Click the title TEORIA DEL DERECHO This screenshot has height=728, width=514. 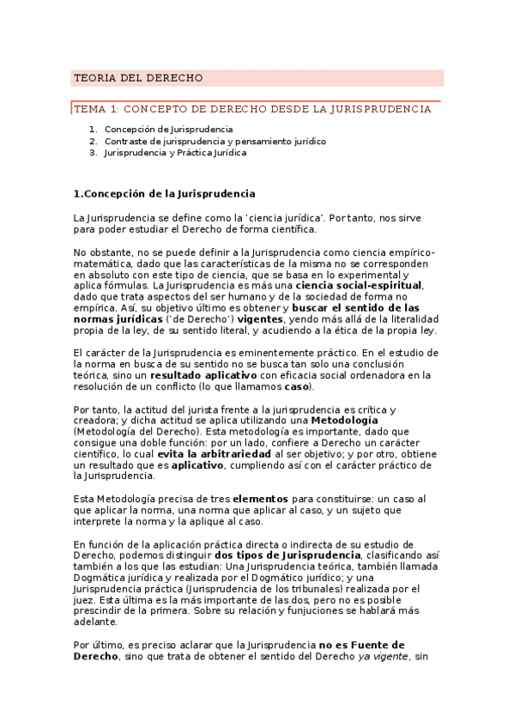click(138, 78)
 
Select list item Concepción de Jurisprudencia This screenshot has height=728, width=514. click(162, 129)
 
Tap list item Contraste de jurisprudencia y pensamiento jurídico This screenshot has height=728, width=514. click(215, 141)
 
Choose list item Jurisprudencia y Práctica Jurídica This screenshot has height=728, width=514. click(175, 153)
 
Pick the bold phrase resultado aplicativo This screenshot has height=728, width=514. click(203, 375)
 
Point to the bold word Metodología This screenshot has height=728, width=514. click(344, 420)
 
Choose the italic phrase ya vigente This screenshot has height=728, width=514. click(382, 656)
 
